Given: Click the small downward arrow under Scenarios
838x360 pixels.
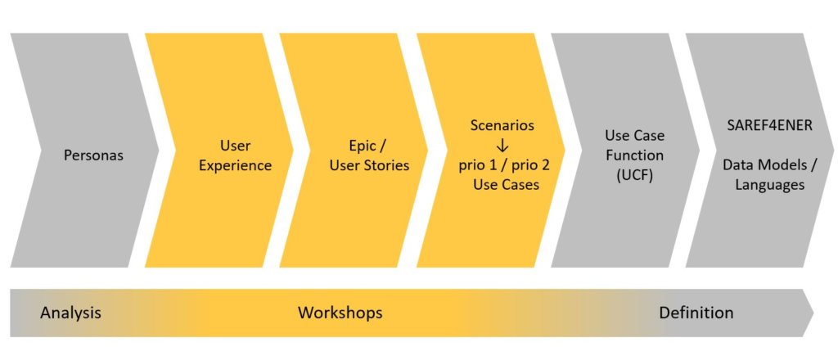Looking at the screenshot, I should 502,146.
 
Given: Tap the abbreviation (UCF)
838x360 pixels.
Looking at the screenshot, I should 634,175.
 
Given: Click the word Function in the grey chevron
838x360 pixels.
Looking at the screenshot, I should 634,155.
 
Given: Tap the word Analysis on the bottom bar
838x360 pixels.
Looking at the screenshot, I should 70,313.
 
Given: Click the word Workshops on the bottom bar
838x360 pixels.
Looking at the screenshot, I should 340,313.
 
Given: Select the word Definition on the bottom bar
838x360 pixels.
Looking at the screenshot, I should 696,313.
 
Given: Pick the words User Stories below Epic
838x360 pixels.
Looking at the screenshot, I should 369,165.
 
